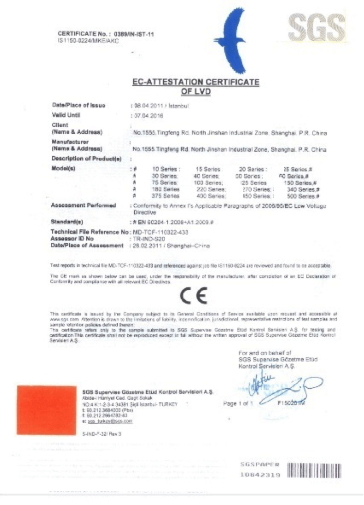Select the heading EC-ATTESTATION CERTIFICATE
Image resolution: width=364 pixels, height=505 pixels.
(x=196, y=82)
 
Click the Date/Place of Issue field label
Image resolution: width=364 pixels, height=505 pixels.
(x=78, y=105)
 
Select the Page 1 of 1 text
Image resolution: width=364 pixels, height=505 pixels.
(x=238, y=403)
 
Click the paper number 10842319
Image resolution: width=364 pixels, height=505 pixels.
(x=260, y=475)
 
